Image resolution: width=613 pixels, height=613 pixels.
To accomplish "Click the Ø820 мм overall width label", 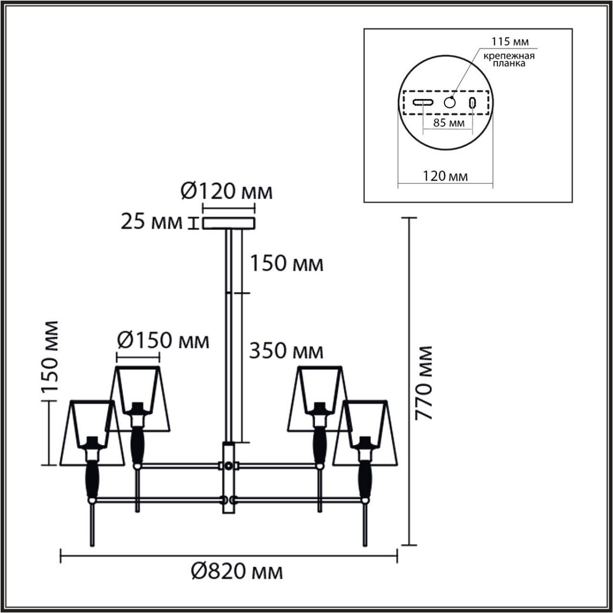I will click(x=238, y=572).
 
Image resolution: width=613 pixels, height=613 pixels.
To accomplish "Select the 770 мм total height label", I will click(x=424, y=383).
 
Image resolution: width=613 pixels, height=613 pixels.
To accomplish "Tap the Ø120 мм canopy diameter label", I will click(x=227, y=192).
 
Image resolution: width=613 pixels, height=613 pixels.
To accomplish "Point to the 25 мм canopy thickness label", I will click(x=152, y=222).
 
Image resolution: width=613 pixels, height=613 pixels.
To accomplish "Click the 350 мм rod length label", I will click(x=287, y=351).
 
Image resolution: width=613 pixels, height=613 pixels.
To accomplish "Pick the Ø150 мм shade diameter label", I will click(x=163, y=340).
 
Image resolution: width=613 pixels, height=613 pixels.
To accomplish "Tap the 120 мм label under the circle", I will click(x=445, y=177).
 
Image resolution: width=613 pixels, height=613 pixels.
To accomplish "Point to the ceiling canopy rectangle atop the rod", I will click(x=228, y=223).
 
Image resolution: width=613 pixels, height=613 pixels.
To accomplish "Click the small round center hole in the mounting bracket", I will click(x=450, y=102).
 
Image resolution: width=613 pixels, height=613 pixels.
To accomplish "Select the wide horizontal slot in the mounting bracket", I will click(x=423, y=102).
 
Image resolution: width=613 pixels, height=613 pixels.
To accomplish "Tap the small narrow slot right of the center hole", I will click(x=473, y=102).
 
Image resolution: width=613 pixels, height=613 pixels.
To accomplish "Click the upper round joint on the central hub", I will click(x=228, y=466).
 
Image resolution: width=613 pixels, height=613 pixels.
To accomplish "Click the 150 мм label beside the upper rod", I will click(x=287, y=264).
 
